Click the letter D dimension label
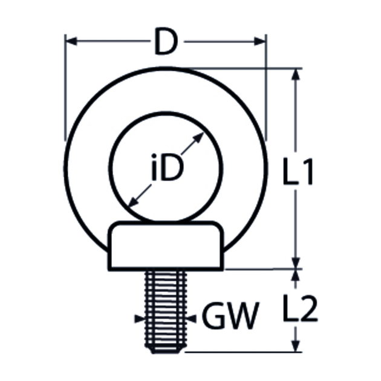click(x=166, y=41)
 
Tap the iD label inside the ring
click(x=167, y=167)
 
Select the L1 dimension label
click(x=298, y=171)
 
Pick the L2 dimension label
click(x=301, y=308)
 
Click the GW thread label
click(x=231, y=316)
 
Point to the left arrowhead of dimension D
click(x=71, y=41)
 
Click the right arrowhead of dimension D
click(x=259, y=41)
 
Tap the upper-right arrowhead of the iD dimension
click(x=199, y=137)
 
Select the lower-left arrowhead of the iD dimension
click(x=133, y=201)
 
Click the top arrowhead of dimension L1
click(x=296, y=74)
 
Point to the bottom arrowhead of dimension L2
click(x=296, y=346)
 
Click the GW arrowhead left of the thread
click(x=140, y=319)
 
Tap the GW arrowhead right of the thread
click(x=191, y=319)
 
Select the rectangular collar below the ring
click(x=166, y=246)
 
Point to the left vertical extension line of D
click(x=65, y=88)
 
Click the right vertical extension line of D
click(x=266, y=88)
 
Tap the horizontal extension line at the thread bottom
click(x=244, y=352)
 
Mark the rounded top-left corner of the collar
click(x=112, y=226)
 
